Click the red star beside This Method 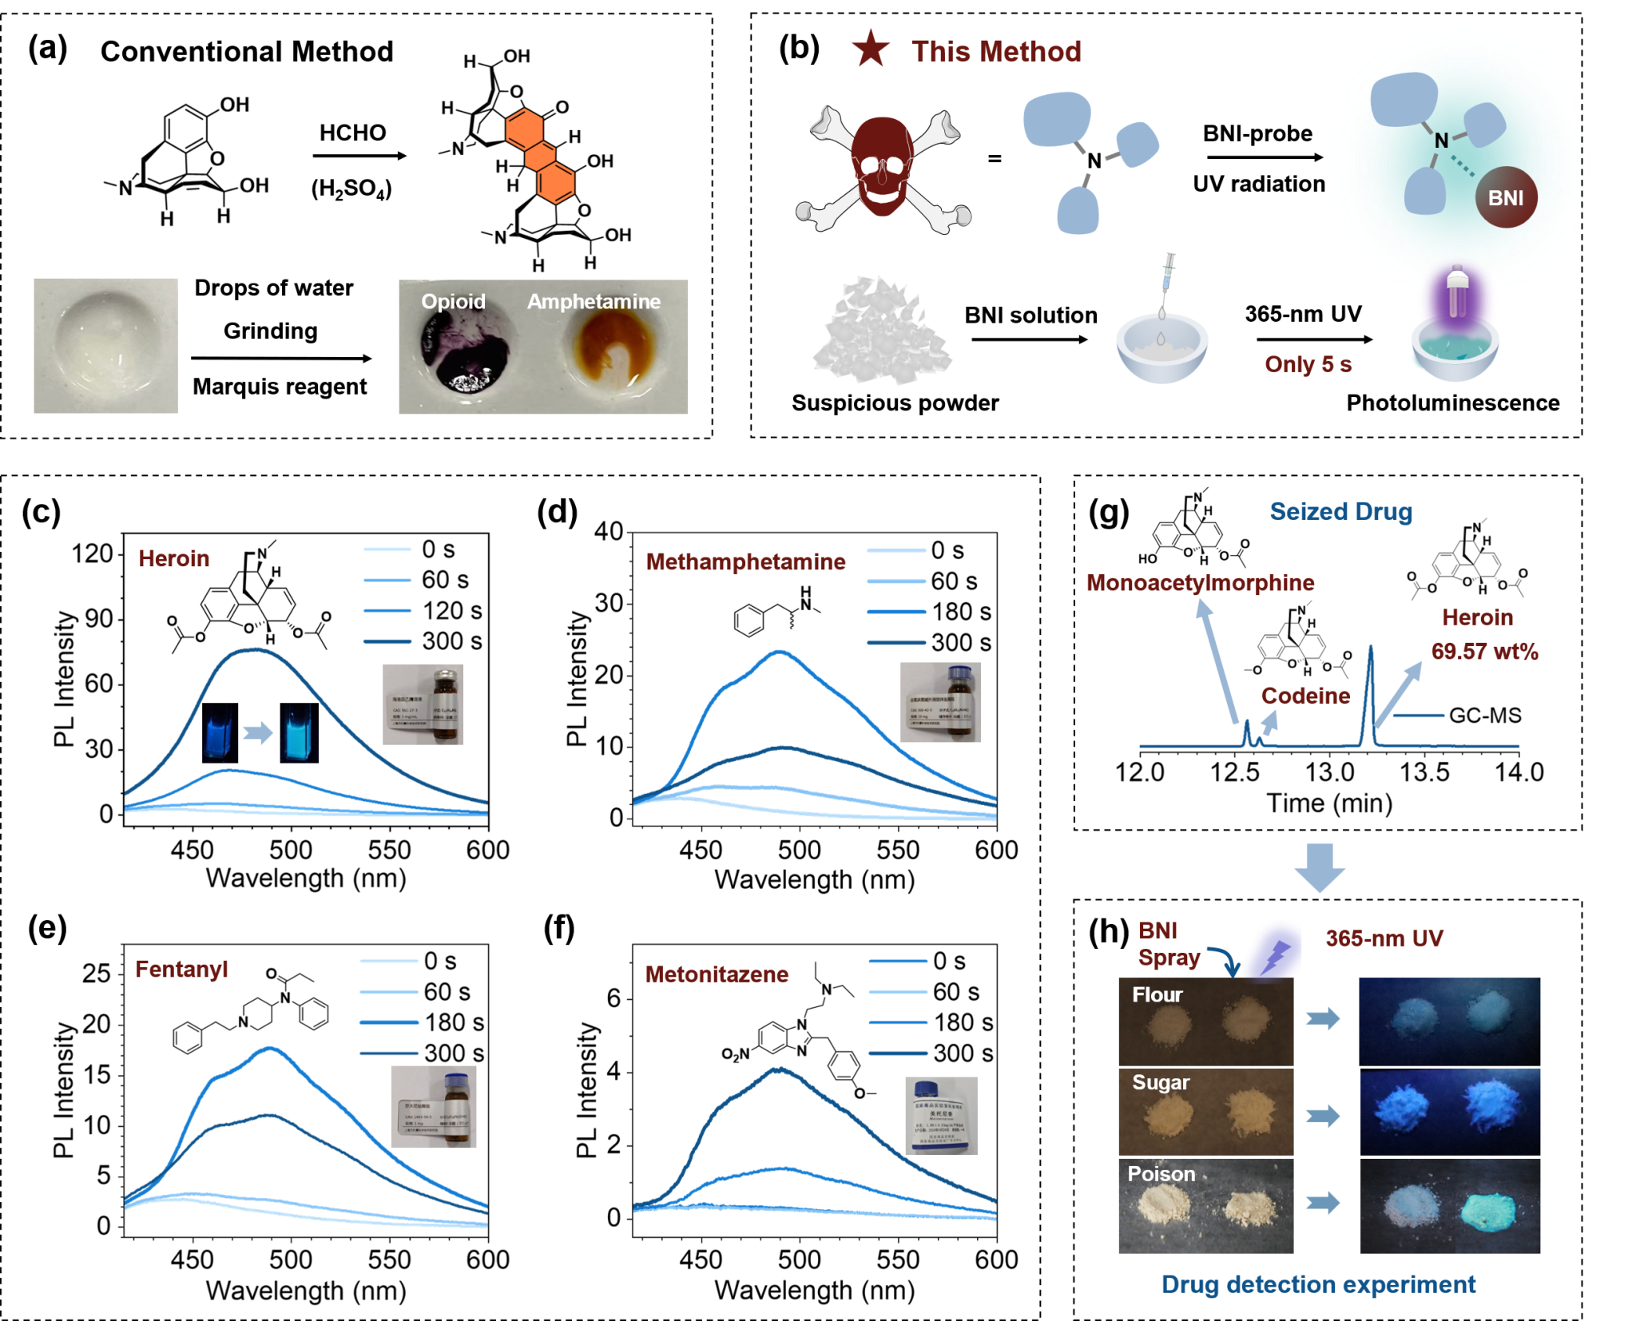pos(871,50)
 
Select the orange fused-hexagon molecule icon pos(540,156)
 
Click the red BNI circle pos(1506,197)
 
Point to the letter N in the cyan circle pos(1441,141)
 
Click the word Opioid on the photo pos(453,301)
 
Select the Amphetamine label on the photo pos(594,301)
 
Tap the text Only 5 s pos(1308,364)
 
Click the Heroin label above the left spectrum pos(174,558)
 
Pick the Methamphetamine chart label pos(745,561)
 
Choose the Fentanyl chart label pos(182,969)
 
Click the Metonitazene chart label pos(717,974)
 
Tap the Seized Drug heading pos(1340,511)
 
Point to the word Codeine pos(1305,696)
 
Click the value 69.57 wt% pos(1484,651)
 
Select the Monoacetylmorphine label pos(1200,582)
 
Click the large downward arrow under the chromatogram pos(1320,867)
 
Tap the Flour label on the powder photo pos(1157,994)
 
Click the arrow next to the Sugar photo pos(1323,1115)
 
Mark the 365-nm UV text pos(1384,938)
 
